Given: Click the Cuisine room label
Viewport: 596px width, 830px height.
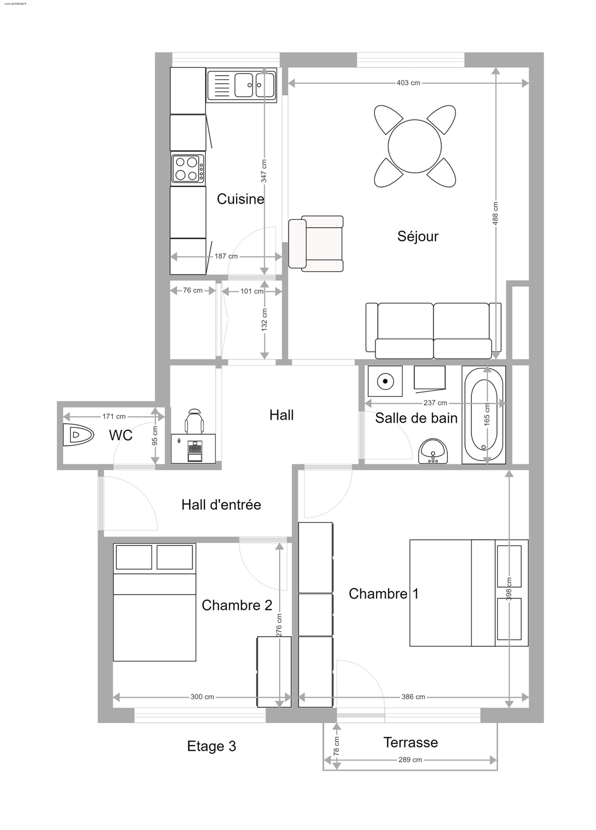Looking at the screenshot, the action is (240, 199).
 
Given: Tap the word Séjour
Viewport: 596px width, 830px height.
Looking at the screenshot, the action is (418, 237).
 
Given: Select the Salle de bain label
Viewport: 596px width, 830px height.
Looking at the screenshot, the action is (416, 418).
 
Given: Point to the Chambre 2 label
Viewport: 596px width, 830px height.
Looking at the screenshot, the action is (237, 605).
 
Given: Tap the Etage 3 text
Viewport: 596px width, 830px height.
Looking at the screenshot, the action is (212, 746).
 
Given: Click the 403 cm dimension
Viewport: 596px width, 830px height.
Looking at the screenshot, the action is (408, 83).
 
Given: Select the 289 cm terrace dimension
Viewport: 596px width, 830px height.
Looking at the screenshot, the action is (410, 760).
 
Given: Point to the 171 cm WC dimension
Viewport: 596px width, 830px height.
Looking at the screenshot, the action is (114, 416).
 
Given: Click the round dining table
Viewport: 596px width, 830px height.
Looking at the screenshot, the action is (415, 146).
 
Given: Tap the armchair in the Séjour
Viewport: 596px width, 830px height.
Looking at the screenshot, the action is (316, 244).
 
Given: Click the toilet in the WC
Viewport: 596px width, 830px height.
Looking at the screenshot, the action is (78, 435).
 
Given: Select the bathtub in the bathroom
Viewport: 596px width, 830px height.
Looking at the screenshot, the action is (484, 415).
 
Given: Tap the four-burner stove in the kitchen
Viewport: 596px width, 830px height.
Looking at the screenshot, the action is (188, 168).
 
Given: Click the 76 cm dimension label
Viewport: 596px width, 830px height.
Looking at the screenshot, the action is (193, 290).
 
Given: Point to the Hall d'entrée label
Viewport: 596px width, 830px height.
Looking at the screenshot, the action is (221, 505).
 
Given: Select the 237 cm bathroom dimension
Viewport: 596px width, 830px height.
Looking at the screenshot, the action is (435, 403).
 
